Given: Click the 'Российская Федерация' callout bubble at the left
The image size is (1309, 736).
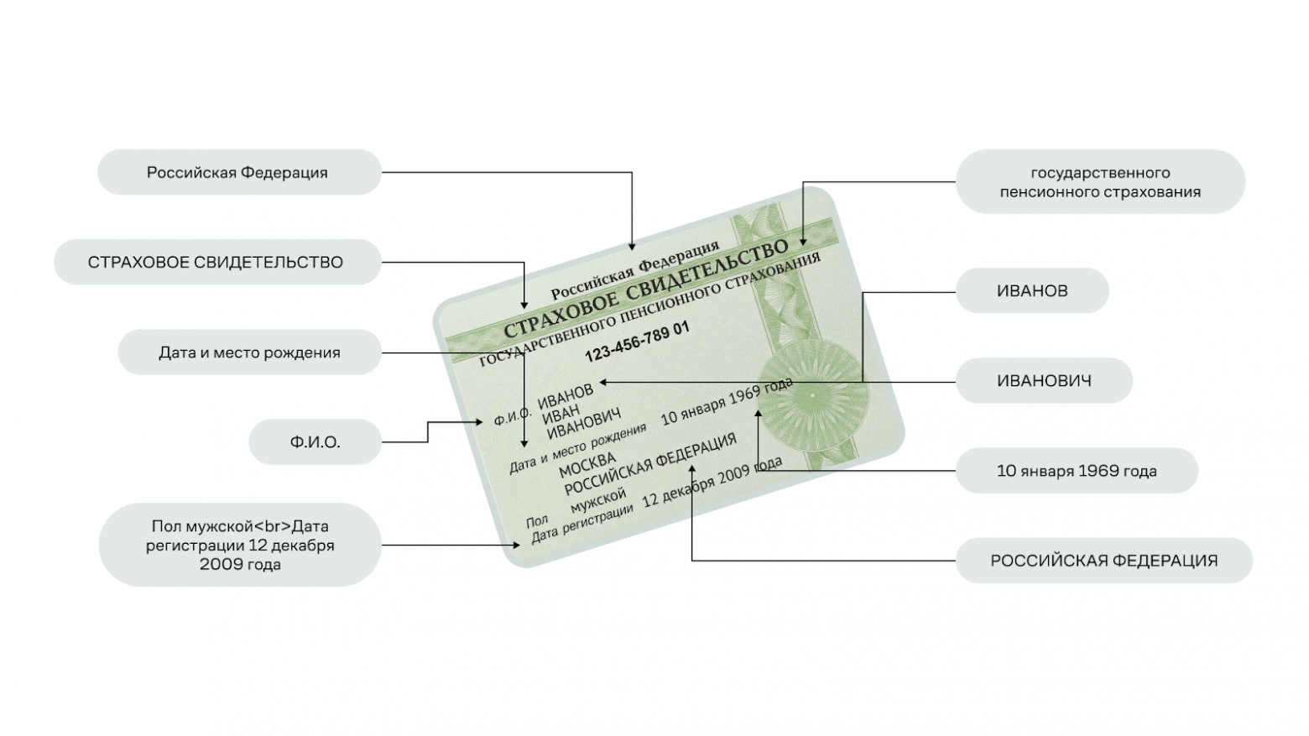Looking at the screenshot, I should click(239, 173).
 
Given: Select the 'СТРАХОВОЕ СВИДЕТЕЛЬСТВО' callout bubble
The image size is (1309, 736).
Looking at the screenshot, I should click(216, 262).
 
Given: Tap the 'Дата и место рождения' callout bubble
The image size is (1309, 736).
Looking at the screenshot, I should click(249, 352).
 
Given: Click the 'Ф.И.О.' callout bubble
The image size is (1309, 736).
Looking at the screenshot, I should click(316, 442).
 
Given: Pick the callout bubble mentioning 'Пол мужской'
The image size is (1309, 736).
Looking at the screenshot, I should click(240, 545).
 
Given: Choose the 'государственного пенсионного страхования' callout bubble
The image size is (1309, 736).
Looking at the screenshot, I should click(1099, 182).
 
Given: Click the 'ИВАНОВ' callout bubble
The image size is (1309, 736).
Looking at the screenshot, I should click(1032, 291).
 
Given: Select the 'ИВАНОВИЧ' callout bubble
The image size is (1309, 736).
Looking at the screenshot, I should click(1044, 381).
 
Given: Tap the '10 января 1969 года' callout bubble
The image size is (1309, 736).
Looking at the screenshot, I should click(1077, 471).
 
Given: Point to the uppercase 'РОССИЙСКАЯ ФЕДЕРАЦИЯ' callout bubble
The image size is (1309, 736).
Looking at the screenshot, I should click(1103, 561).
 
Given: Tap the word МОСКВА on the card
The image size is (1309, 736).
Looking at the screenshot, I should click(587, 465).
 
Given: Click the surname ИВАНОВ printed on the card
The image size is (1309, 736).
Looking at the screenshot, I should click(566, 397).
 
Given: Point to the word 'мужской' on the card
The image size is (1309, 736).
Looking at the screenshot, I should click(597, 501).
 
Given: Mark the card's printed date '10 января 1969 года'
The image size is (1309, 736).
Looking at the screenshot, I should click(727, 401).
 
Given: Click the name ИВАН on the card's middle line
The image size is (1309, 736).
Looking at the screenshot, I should click(561, 415).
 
